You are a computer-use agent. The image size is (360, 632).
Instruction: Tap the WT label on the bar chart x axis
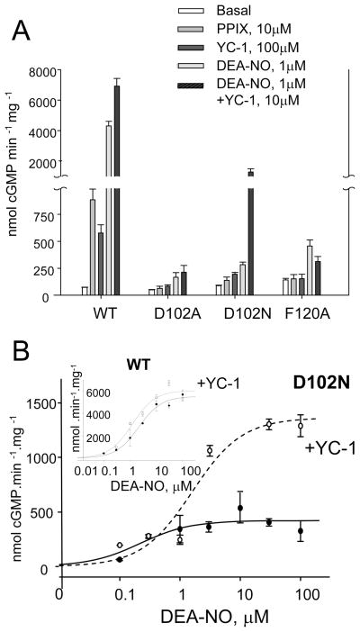coord(101,316)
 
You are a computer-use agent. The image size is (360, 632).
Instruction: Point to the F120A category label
coord(302,316)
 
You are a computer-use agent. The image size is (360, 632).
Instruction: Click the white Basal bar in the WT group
coord(85,291)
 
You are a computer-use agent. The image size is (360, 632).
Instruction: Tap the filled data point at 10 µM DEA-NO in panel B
coord(239,509)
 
